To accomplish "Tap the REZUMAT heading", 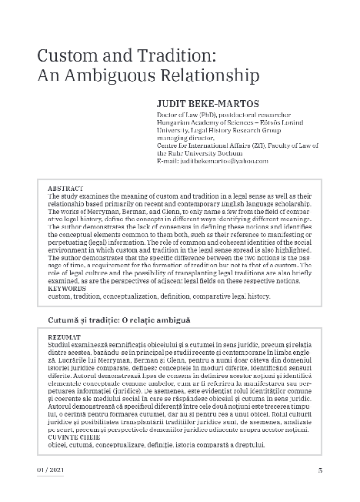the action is [x=65, y=337].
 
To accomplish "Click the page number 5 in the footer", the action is [x=319, y=470].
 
